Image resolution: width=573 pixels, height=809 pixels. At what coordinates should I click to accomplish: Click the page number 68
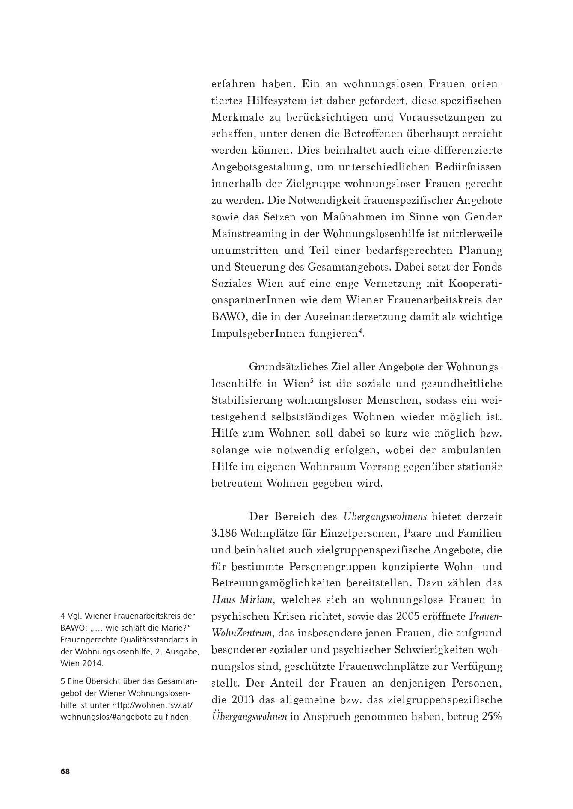65,771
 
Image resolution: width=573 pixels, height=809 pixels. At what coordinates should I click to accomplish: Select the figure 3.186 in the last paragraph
224,533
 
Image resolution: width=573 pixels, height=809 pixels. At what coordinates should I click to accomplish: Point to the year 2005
411,616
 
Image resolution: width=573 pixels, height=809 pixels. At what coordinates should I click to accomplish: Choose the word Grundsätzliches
287,367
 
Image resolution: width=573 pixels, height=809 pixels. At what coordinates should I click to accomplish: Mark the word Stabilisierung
246,400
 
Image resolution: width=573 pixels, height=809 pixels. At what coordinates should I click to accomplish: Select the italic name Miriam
258,600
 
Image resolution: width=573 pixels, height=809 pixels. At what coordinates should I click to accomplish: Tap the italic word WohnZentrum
242,633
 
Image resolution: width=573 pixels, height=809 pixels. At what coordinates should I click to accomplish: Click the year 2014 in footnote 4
95,663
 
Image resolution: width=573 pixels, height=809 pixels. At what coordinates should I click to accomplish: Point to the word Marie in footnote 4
170,627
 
